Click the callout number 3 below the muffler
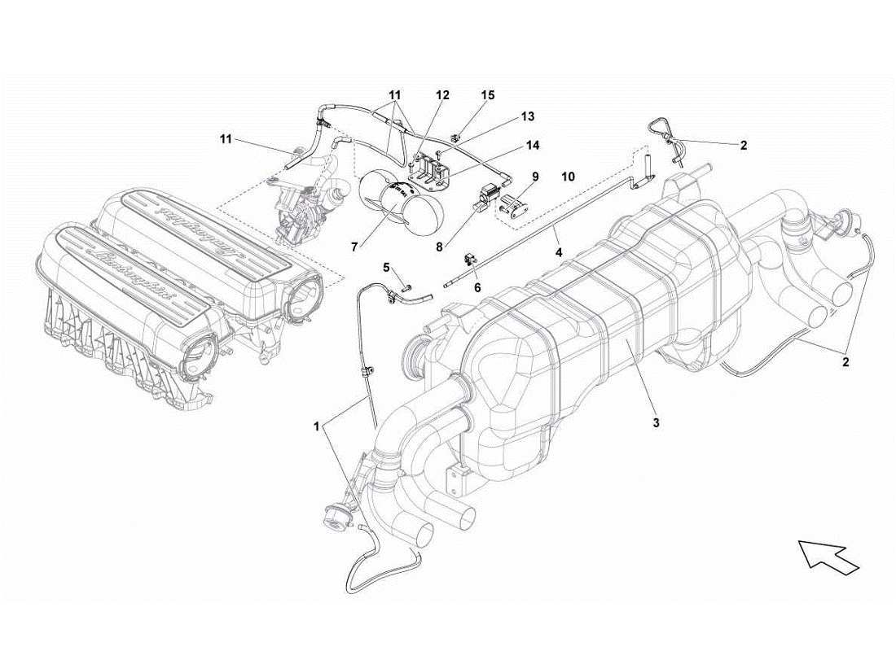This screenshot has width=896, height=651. pyautogui.click(x=655, y=423)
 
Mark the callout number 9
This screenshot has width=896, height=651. pyautogui.click(x=535, y=176)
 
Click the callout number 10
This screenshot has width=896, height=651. pyautogui.click(x=568, y=176)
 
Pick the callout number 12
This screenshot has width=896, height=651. pyautogui.click(x=441, y=95)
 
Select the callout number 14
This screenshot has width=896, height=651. pyautogui.click(x=532, y=146)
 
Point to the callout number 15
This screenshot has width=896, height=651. pyautogui.click(x=487, y=95)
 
